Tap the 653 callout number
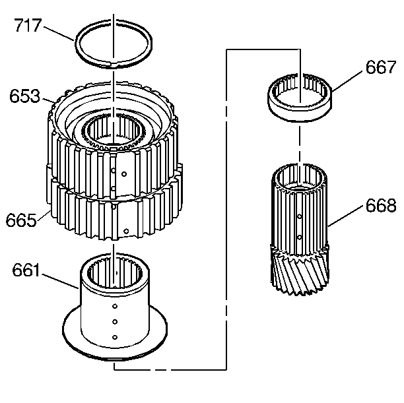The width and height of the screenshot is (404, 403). [x=25, y=96]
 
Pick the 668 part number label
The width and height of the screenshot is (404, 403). [x=380, y=206]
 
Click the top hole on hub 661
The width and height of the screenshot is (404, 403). [x=115, y=307]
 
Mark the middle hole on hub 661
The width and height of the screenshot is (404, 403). [x=115, y=322]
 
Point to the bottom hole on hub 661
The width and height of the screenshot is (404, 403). [x=115, y=337]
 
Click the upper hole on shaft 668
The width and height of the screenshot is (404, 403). [x=300, y=216]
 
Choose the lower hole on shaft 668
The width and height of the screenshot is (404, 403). [x=300, y=236]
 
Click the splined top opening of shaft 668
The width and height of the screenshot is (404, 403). [x=300, y=177]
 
